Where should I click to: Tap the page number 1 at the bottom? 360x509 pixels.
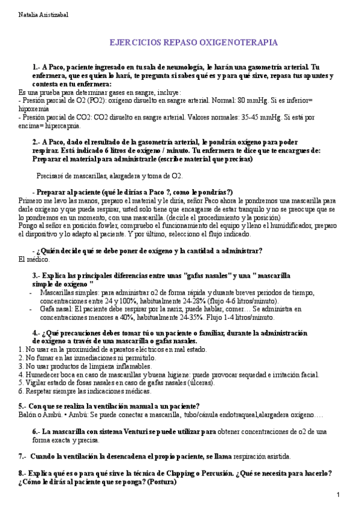[x=338, y=495]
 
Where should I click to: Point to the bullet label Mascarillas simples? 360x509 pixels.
[x=67, y=292]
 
